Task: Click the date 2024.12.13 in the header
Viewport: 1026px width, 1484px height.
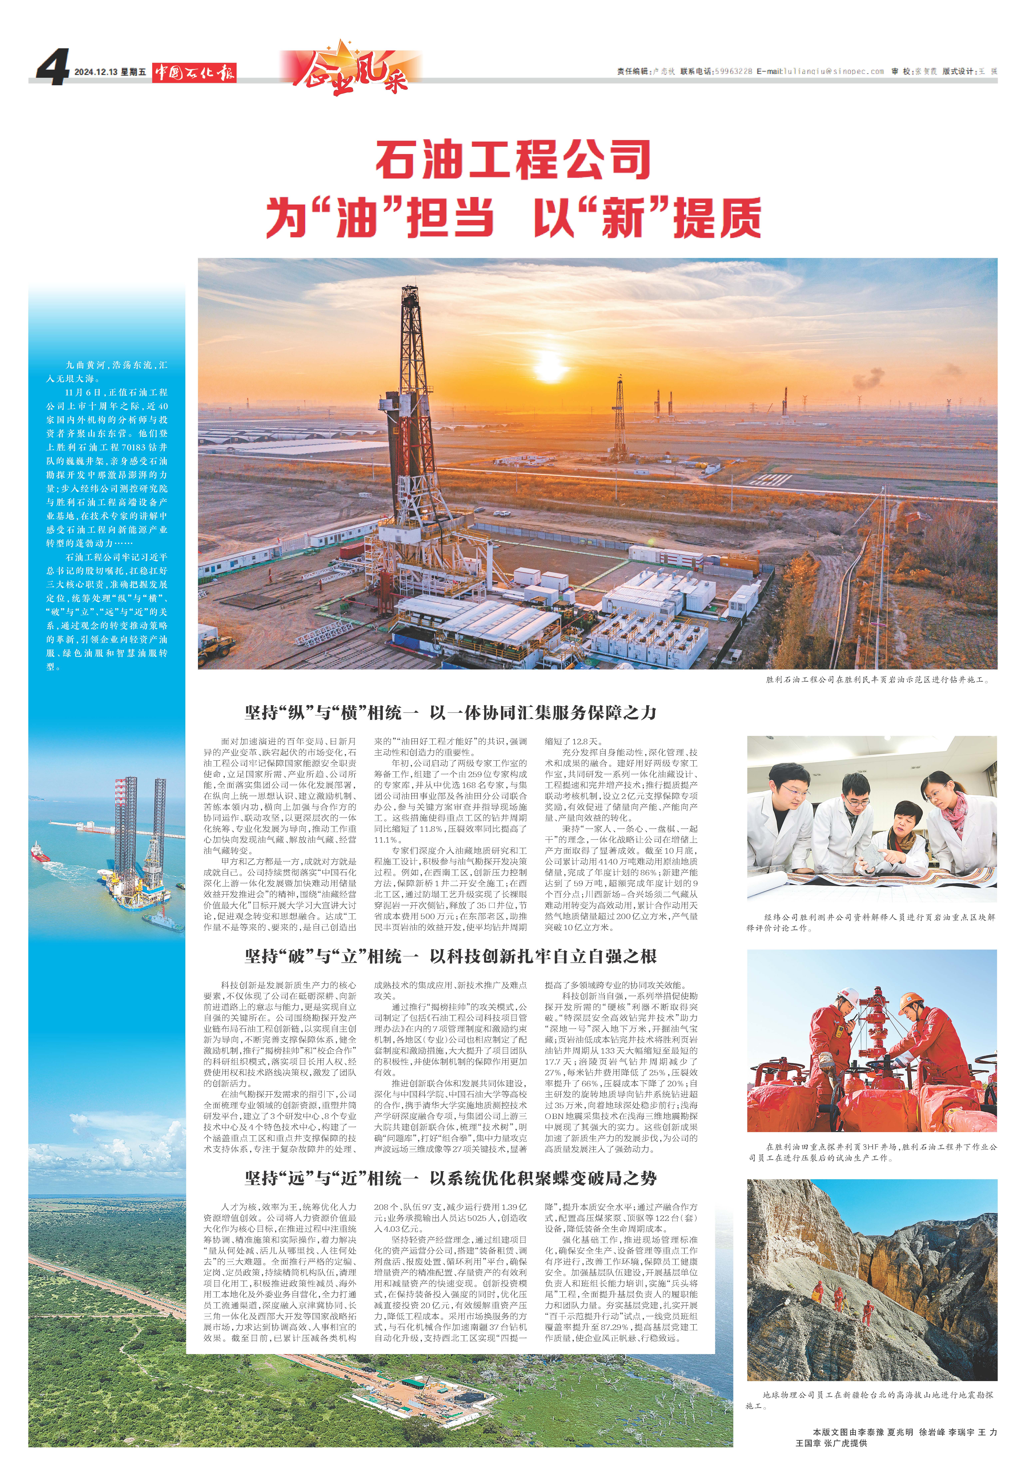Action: [95, 72]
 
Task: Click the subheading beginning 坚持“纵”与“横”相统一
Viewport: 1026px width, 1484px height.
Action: [450, 712]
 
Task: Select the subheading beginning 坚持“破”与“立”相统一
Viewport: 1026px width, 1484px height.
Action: [450, 956]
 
